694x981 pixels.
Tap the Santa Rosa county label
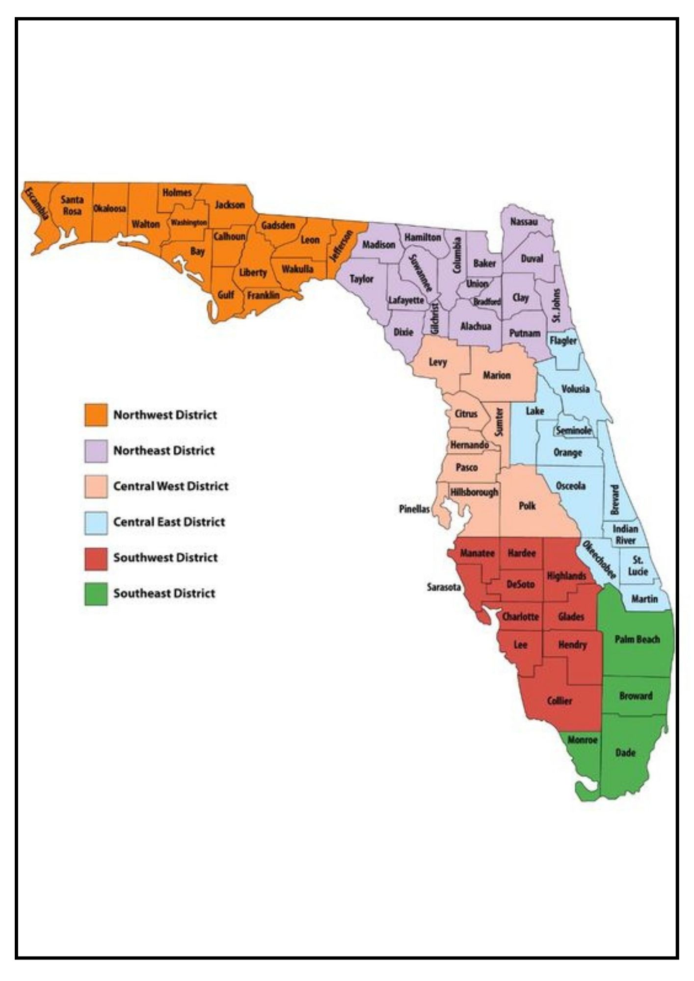(x=72, y=205)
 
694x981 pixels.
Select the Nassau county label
(x=524, y=222)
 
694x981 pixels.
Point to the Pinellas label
(x=414, y=509)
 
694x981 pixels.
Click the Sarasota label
(x=444, y=587)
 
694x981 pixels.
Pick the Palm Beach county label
(x=637, y=639)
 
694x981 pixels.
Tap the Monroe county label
(x=583, y=740)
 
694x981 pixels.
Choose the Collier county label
(x=560, y=701)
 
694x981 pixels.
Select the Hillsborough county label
(x=474, y=491)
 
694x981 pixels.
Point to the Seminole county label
(x=573, y=431)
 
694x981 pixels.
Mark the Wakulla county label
(x=297, y=269)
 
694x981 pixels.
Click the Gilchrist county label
(x=435, y=318)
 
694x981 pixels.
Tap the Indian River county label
(x=625, y=535)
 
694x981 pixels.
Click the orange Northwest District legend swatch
(x=96, y=415)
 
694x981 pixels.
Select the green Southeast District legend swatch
(x=96, y=594)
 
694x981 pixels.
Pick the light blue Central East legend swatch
(x=96, y=522)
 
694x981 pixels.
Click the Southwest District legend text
(x=165, y=558)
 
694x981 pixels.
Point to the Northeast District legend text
(x=164, y=451)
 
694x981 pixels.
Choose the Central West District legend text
(x=171, y=487)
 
